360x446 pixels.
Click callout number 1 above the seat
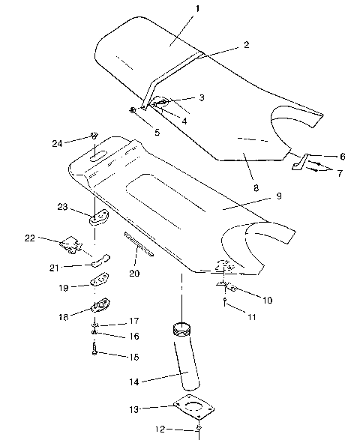click(178, 10)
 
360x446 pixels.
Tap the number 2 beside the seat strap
click(245, 45)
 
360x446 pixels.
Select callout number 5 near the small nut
click(157, 132)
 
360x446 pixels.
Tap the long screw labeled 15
click(95, 349)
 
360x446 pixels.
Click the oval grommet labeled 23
click(98, 219)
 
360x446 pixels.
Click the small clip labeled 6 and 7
click(300, 160)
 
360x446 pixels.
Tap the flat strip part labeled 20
click(139, 245)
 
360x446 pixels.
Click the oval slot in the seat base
click(97, 156)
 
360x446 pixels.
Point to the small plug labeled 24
click(94, 135)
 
